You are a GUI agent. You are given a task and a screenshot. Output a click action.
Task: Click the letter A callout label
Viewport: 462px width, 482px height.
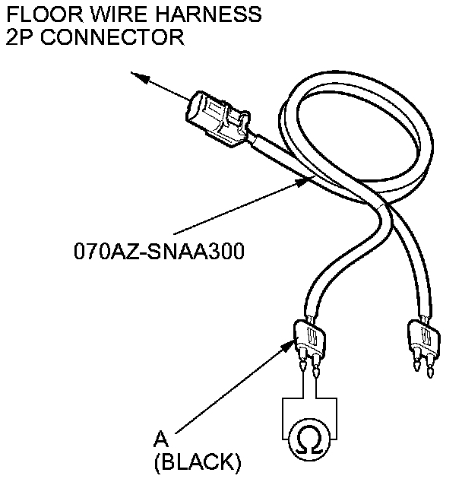[160, 438]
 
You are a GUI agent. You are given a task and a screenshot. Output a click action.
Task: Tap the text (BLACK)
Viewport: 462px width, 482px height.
[197, 461]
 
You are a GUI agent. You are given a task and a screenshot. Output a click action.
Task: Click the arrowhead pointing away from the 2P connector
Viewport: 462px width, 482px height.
[137, 75]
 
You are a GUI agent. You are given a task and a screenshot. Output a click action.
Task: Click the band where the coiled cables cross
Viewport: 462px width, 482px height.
[380, 207]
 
